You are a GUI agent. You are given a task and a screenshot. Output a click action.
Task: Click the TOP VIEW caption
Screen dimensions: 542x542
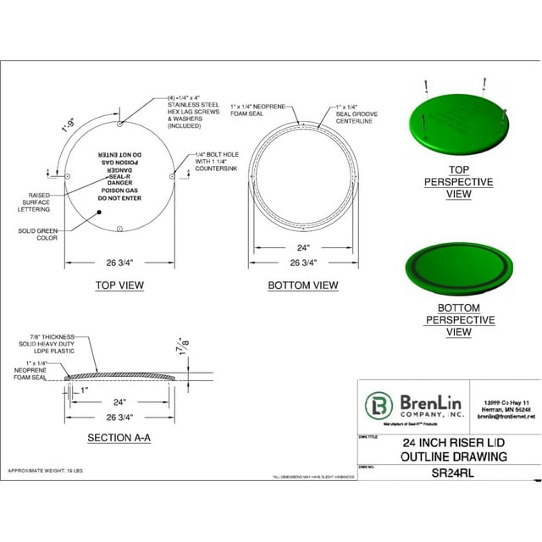(x=119, y=285)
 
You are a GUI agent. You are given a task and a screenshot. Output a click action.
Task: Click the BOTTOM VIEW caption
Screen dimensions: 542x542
(x=302, y=285)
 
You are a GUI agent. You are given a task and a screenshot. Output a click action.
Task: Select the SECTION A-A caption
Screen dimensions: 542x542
(x=119, y=438)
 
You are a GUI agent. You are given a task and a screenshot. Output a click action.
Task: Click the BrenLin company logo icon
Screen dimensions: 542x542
(x=377, y=406)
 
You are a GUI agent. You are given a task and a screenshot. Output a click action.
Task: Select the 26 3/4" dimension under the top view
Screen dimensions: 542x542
(x=119, y=262)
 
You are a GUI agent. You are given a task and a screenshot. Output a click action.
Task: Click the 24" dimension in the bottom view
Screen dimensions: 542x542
(x=302, y=248)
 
